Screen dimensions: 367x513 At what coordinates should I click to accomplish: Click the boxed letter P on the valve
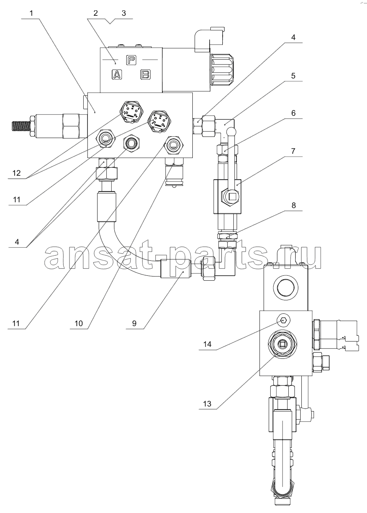point(131,60)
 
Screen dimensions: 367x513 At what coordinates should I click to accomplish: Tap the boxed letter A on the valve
point(117,75)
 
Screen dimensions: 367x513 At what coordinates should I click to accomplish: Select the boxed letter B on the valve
point(145,75)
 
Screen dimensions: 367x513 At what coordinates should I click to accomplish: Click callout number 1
point(31,13)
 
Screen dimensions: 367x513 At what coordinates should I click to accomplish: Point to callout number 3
point(124,13)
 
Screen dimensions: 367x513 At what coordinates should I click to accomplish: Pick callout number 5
point(293,76)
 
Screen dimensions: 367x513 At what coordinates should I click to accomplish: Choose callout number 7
point(293,151)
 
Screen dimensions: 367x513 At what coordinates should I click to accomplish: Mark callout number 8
point(294,205)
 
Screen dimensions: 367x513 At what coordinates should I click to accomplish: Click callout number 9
point(134,323)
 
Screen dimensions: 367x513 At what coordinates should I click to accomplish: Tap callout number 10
point(79,323)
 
